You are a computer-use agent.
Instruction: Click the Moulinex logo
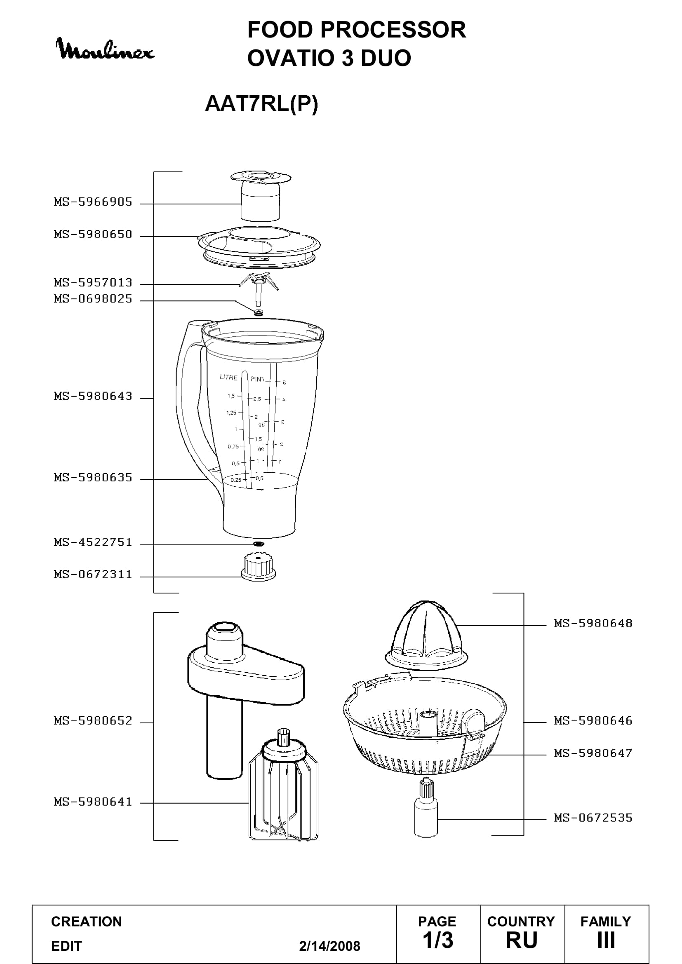coord(105,49)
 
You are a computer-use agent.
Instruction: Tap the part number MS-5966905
coord(93,202)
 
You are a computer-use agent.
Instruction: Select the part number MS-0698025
coord(93,299)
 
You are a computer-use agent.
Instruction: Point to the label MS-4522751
coord(93,542)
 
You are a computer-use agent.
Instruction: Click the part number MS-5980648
coord(593,624)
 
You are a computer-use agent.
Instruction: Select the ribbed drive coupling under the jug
coord(258,567)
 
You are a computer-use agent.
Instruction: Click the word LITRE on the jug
coord(228,378)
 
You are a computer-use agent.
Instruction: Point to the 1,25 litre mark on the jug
coord(231,413)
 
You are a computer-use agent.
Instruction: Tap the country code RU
coord(522,941)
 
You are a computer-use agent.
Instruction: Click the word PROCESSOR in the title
coord(393,30)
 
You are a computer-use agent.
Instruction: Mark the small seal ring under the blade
coord(258,312)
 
